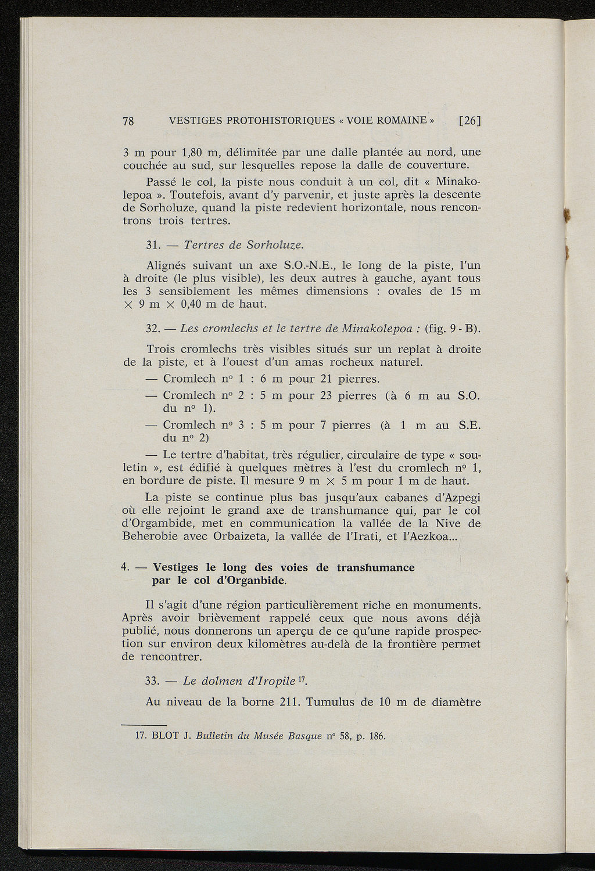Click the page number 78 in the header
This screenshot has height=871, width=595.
coord(129,121)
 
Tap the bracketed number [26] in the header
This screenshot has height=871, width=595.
coord(469,121)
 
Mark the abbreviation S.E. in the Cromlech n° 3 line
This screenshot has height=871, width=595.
coord(469,426)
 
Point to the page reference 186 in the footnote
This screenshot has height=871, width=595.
coord(377,737)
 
